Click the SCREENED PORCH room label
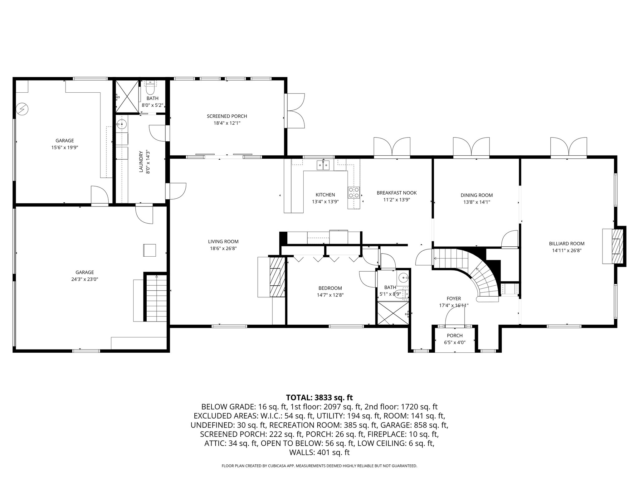(x=227, y=116)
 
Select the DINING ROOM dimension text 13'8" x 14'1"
(x=476, y=202)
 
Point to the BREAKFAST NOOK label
(x=397, y=193)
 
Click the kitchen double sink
(x=323, y=165)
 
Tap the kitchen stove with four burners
(x=354, y=192)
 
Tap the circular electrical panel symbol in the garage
(x=22, y=109)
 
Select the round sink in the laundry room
(x=121, y=124)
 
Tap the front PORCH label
(x=455, y=336)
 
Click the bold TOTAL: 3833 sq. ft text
(x=319, y=398)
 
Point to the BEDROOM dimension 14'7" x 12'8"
(x=330, y=295)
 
